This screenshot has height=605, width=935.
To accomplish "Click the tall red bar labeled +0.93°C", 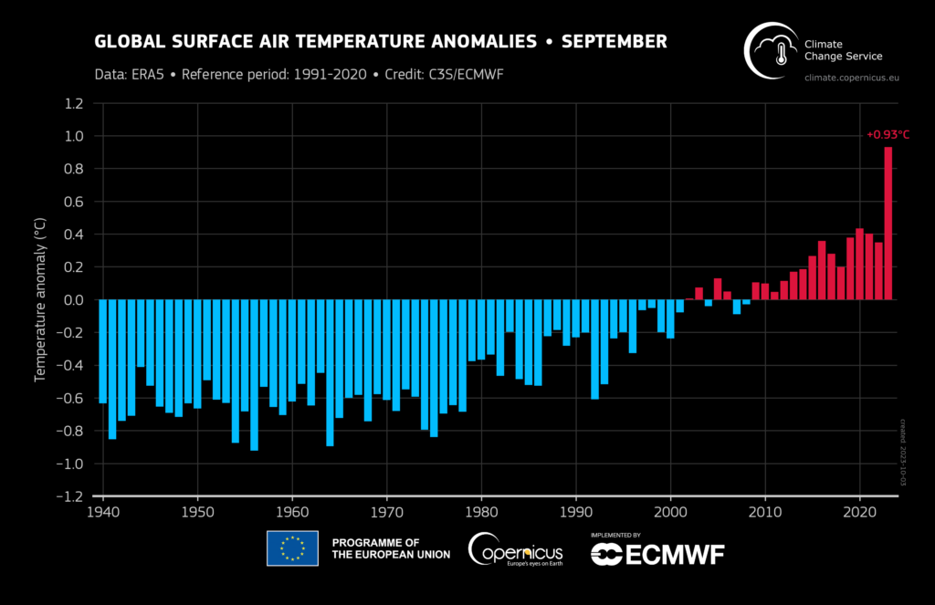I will [888, 224].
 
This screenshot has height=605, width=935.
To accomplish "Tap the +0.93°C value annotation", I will [888, 135].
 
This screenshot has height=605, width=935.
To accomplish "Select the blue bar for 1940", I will [102, 351].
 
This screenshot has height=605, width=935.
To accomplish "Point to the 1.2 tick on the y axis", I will [74, 103].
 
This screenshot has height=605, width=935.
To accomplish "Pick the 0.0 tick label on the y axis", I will [74, 300].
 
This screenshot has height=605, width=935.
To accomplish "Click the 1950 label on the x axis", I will [197, 514].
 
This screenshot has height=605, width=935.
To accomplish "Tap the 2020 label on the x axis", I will [859, 514].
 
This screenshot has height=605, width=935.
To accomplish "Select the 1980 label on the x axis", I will [481, 514].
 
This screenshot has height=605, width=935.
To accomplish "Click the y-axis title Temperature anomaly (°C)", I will [40, 300].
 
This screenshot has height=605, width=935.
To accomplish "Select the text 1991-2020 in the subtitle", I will [329, 73].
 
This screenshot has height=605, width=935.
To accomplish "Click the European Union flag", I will [292, 548].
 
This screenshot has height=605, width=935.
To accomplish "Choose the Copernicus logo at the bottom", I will [515, 549].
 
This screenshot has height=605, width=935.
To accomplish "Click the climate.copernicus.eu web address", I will [851, 78].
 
